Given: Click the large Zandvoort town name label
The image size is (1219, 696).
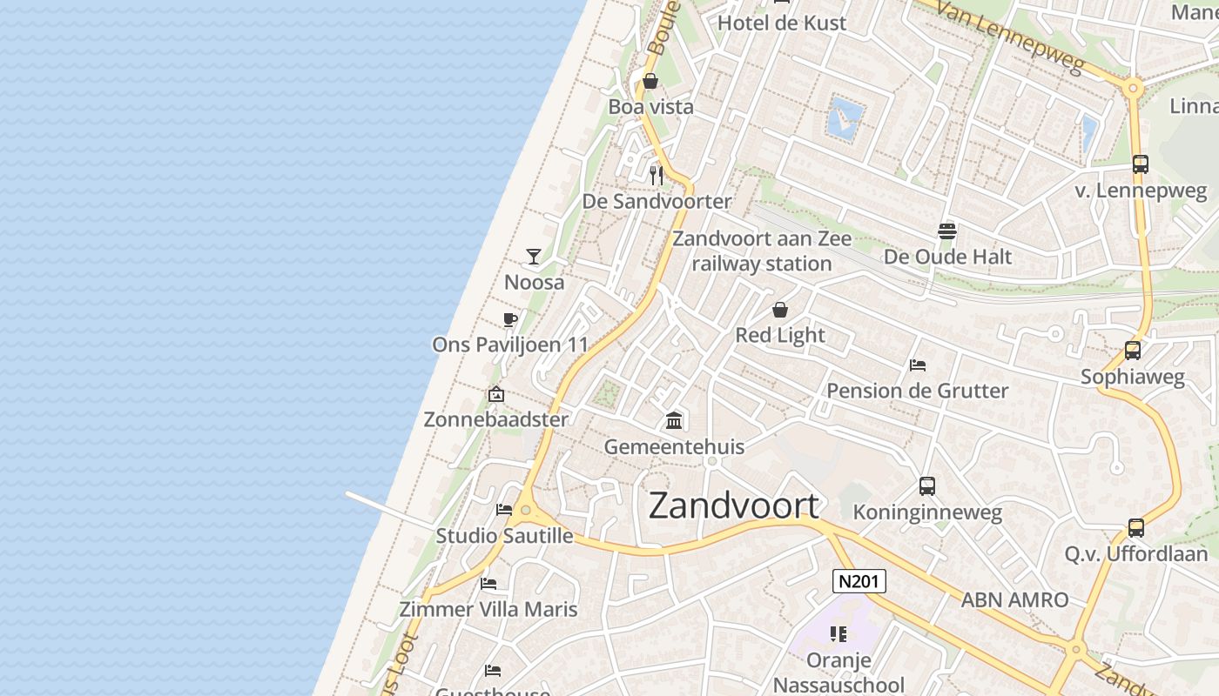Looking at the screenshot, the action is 734,505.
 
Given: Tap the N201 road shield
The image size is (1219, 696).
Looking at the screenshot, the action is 859,581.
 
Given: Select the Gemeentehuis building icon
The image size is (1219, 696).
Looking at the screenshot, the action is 674,421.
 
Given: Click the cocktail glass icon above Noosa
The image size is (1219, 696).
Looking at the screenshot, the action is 534,257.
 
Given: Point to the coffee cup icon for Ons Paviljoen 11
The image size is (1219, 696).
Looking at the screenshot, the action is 509,319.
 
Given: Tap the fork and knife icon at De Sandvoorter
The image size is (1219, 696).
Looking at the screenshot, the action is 657,176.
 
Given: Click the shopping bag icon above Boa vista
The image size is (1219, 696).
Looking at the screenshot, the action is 650,82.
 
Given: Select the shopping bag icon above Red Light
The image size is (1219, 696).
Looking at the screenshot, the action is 780,310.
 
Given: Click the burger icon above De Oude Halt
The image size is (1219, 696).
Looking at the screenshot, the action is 947,231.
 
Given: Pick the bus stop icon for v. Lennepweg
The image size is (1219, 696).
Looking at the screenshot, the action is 1140,164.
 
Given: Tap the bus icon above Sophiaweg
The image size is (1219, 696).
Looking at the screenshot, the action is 1132,350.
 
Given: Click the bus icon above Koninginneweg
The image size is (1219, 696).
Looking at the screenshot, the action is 927,486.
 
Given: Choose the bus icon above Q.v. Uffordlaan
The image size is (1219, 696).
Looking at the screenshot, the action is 1135,527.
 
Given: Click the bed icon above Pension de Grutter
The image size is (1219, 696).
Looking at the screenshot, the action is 917,365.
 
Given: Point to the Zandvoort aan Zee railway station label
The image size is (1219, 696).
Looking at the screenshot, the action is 762,251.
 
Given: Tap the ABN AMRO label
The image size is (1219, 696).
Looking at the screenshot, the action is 1014,599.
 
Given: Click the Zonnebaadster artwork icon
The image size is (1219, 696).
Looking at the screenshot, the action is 495,394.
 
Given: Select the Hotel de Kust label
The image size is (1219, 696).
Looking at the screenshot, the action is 781,23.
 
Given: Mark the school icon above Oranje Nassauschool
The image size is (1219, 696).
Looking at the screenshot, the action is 838,633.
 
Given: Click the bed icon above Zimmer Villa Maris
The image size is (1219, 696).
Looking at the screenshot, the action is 488,583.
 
